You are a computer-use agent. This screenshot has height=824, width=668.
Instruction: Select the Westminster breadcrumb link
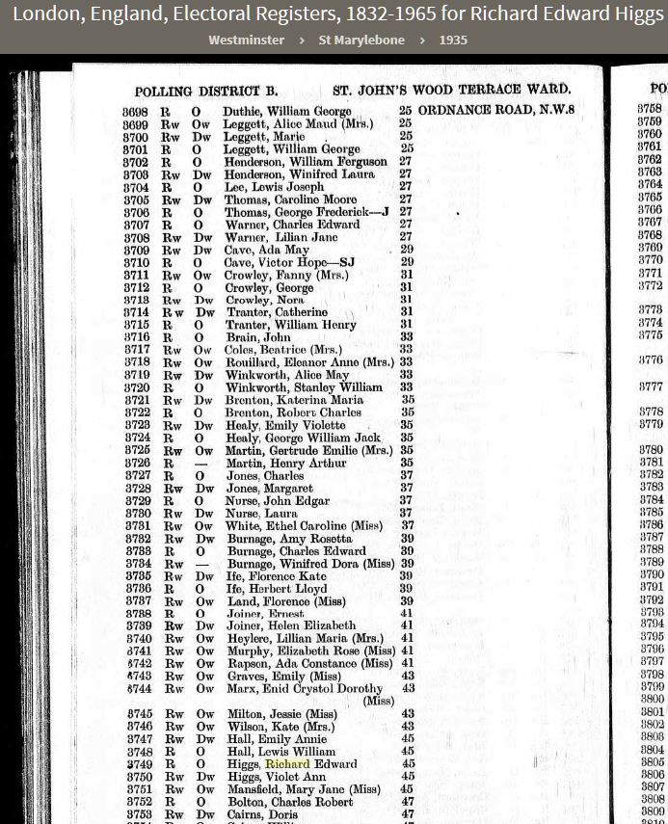coord(246,40)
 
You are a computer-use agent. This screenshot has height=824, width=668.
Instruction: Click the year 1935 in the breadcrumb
coord(453,40)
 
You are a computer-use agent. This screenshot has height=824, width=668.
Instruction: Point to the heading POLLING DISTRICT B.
coord(206,92)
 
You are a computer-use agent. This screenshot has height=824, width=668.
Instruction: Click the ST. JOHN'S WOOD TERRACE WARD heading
coord(451,91)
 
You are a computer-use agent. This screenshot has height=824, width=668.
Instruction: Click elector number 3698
coord(136,112)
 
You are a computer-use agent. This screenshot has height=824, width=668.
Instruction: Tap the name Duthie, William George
coord(286,112)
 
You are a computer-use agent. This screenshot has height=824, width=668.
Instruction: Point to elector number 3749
coord(139,764)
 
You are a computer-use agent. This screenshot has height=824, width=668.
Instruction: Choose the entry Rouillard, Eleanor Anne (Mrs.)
coord(309,362)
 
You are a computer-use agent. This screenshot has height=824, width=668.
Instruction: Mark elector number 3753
coord(139,813)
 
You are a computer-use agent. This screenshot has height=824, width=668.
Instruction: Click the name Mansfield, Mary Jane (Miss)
coord(303,788)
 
